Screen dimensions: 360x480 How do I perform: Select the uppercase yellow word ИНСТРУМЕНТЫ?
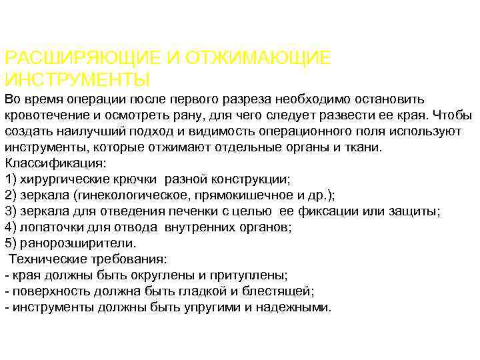77,80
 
